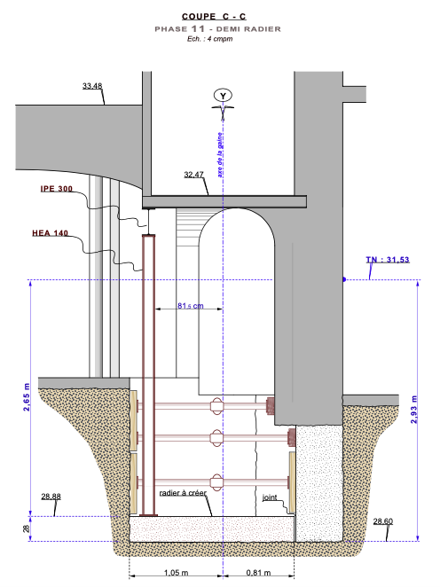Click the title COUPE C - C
click(214, 17)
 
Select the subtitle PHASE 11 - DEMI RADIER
click(217, 29)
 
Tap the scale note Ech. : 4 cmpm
click(209, 39)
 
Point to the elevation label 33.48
click(92, 86)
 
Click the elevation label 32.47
click(193, 175)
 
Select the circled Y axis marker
click(223, 96)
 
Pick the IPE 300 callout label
click(57, 189)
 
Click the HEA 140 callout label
click(51, 233)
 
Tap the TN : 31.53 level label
click(388, 260)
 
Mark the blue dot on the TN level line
click(344, 279)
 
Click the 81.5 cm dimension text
click(190, 306)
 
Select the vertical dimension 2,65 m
click(27, 397)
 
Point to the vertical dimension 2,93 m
click(413, 410)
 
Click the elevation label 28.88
click(51, 497)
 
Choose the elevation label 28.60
click(383, 521)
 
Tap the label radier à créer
click(183, 493)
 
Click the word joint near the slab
click(270, 497)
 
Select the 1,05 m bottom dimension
click(176, 573)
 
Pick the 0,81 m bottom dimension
click(258, 573)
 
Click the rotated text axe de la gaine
click(220, 154)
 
